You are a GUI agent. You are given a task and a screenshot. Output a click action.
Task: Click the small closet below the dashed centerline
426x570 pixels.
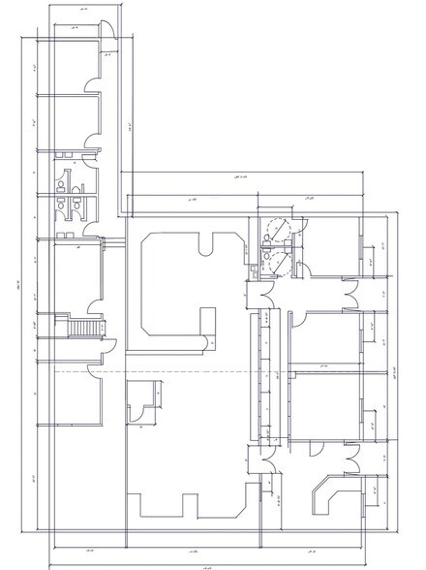click(x=141, y=399)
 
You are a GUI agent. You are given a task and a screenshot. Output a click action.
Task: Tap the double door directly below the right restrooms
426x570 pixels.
click(x=261, y=290)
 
